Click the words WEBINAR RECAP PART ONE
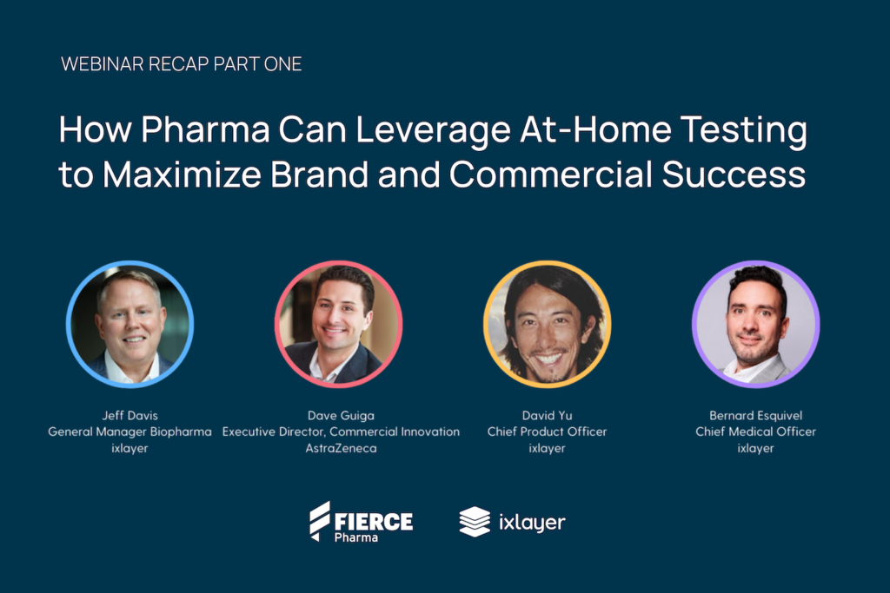[x=181, y=64]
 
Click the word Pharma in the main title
[x=205, y=129]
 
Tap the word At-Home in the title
[x=595, y=129]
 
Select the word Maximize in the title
[x=182, y=174]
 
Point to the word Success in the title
[x=734, y=174]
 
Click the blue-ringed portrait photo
[x=130, y=324]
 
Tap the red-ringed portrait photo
[x=339, y=324]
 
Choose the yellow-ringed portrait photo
[x=548, y=324]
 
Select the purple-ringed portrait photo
[x=756, y=324]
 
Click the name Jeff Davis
[x=130, y=416]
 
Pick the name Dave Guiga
[x=341, y=416]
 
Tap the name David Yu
[x=548, y=416]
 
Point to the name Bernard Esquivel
[x=756, y=416]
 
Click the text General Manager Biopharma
[x=130, y=432]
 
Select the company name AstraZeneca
[x=341, y=448]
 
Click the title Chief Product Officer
[x=548, y=432]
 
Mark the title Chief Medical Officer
[x=756, y=432]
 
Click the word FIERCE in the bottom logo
[x=374, y=522]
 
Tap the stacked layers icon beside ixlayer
[x=475, y=522]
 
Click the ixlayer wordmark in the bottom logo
[x=533, y=523]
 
